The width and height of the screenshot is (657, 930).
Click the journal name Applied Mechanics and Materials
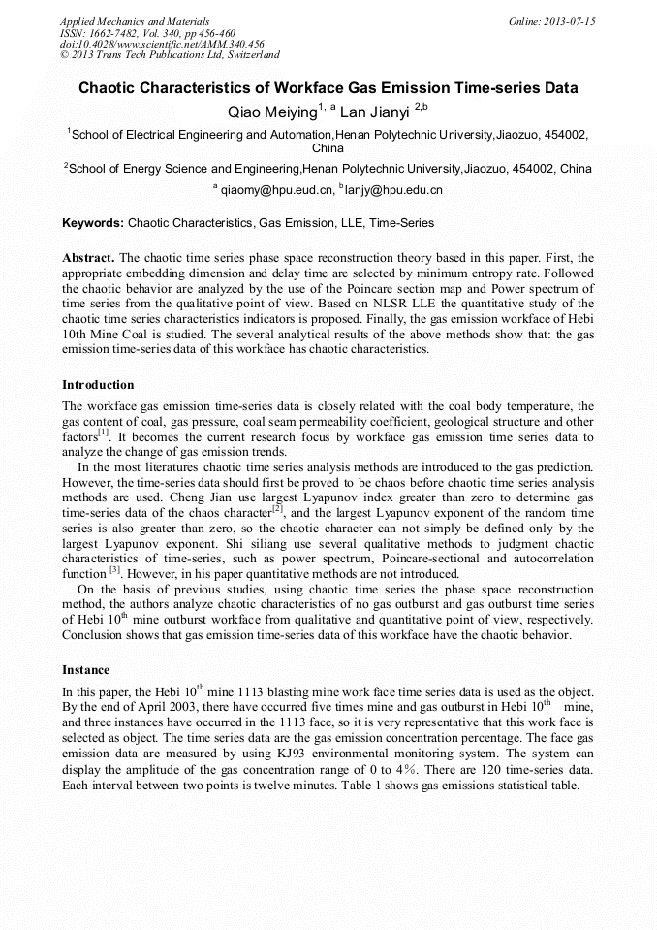click(134, 21)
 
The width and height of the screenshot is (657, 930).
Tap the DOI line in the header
click(162, 44)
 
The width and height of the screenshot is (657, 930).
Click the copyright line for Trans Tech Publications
click(170, 55)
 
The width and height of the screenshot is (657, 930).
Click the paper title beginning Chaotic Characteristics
click(328, 88)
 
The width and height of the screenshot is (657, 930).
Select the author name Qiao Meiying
click(271, 112)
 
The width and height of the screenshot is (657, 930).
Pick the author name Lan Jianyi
click(375, 112)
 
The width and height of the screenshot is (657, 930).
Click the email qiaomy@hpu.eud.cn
click(276, 190)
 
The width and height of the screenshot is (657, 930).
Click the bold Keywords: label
click(93, 223)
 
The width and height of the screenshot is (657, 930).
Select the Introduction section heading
click(98, 385)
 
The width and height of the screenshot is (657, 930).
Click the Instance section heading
click(85, 669)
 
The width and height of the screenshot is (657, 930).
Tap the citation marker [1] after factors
click(106, 434)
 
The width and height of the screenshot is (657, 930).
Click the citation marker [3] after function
click(113, 571)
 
